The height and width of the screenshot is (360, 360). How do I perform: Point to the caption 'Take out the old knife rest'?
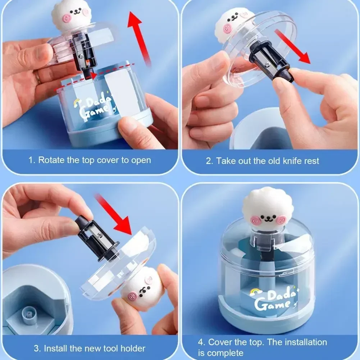pyautogui.click(x=262, y=161)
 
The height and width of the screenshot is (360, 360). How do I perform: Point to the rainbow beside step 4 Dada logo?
pyautogui.click(x=257, y=291)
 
